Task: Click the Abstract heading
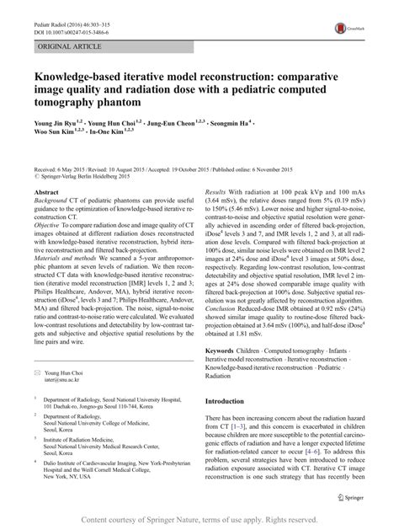click(47, 191)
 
